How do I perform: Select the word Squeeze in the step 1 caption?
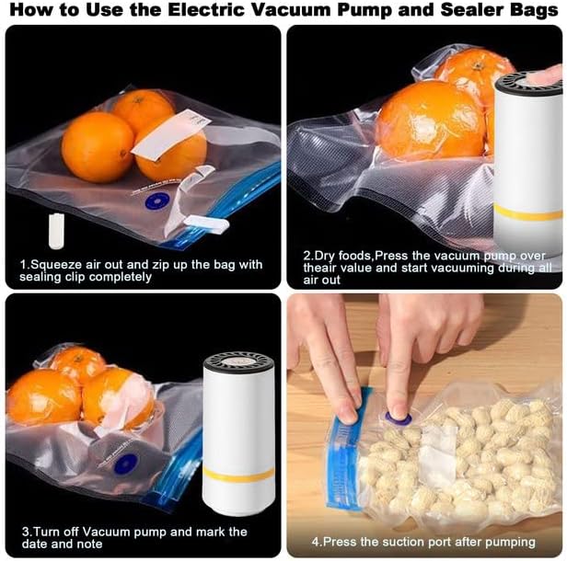(x=58, y=264)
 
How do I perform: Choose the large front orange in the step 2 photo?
(x=430, y=120)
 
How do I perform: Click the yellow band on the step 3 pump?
(x=238, y=475)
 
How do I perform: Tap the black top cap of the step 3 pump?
(x=238, y=363)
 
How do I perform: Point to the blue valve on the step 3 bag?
(x=126, y=464)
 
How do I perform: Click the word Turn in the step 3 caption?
(x=47, y=532)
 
